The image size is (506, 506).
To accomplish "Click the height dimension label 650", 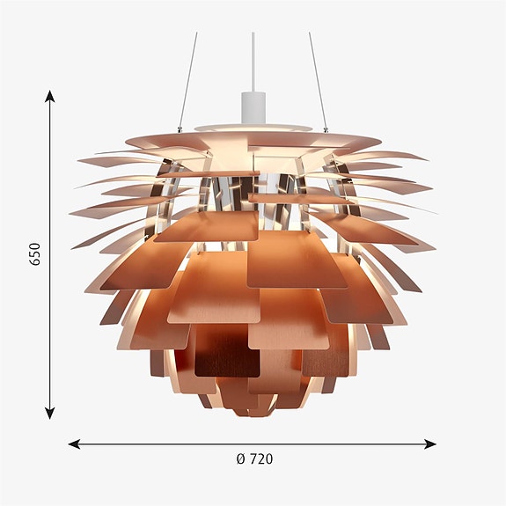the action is pyautogui.click(x=35, y=254).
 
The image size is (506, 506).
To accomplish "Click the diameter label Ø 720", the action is pyautogui.click(x=254, y=458).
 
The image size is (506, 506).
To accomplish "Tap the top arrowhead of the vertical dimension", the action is pyautogui.click(x=49, y=96).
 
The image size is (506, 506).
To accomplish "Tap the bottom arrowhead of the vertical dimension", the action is pyautogui.click(x=49, y=413).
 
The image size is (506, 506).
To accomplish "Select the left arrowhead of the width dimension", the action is pyautogui.click(x=74, y=444).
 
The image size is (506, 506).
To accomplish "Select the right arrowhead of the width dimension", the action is pyautogui.click(x=430, y=444).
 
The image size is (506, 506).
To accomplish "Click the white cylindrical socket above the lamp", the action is pyautogui.click(x=253, y=107).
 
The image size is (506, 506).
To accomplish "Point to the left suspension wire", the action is pyautogui.click(x=188, y=81).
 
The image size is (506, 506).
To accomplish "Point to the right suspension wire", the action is pyautogui.click(x=318, y=81).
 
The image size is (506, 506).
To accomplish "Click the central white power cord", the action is pyautogui.click(x=253, y=62).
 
